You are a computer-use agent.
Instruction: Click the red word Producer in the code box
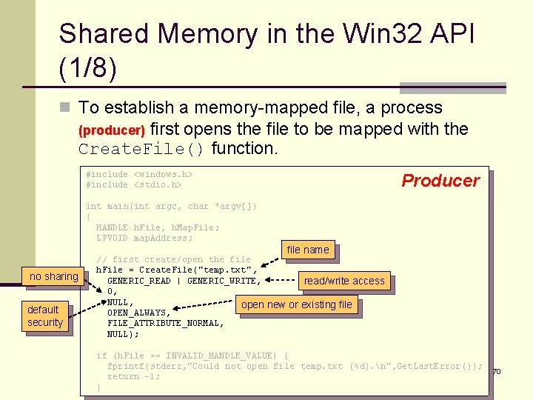(x=440, y=180)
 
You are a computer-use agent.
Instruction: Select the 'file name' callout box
(x=307, y=250)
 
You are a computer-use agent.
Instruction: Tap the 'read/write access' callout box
(x=344, y=281)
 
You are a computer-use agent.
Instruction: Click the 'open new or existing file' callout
(x=297, y=304)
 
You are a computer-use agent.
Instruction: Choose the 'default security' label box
(x=45, y=316)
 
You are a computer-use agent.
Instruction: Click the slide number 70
(x=497, y=370)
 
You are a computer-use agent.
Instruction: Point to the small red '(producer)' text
(x=112, y=130)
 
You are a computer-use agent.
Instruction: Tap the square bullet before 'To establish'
(x=64, y=108)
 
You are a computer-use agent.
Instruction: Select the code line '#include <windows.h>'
(x=139, y=174)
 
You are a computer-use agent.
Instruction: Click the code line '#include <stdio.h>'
(x=134, y=184)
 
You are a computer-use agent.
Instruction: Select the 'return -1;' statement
(x=133, y=376)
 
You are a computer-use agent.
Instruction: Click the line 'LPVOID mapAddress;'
(x=144, y=238)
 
